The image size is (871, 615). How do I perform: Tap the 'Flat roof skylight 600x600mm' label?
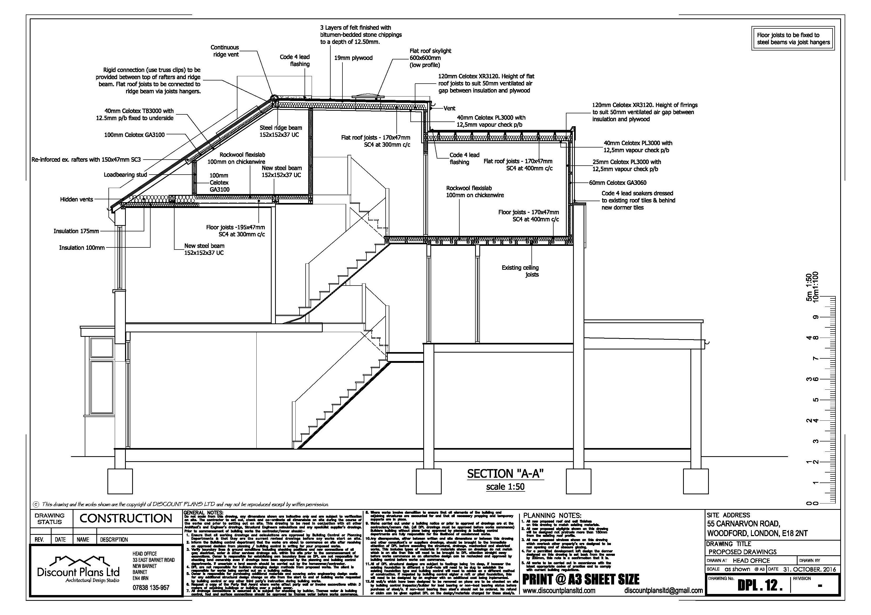[x=430, y=58]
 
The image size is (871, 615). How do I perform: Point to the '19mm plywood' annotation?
[x=353, y=58]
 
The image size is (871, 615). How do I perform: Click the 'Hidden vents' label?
[x=76, y=199]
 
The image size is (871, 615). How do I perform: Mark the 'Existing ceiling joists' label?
[x=520, y=271]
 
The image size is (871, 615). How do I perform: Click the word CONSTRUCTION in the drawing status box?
[x=126, y=519]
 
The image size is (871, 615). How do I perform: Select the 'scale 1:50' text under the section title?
[x=505, y=486]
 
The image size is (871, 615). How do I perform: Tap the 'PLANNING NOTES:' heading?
[x=552, y=515]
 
